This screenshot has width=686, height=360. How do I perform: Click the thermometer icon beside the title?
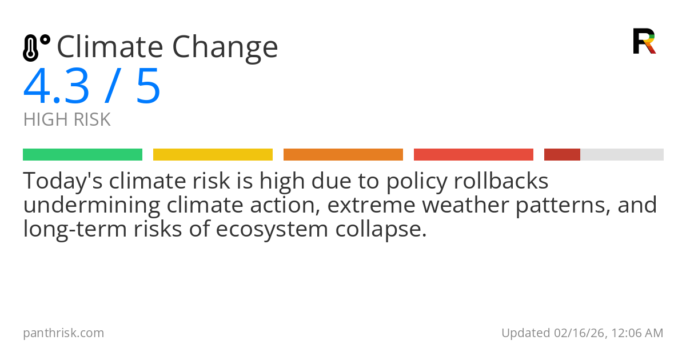click(35, 47)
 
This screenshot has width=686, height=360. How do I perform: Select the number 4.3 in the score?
click(56, 86)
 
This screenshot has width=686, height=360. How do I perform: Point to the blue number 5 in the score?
click(148, 86)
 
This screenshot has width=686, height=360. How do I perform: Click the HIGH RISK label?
click(67, 120)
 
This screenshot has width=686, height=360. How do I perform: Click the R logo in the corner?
click(644, 41)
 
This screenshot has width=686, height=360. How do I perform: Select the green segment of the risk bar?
click(82, 155)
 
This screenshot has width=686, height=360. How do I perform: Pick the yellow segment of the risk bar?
click(213, 155)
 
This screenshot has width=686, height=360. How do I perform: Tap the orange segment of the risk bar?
click(343, 155)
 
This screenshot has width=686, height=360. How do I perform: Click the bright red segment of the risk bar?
click(473, 155)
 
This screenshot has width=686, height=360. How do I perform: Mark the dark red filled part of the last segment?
click(562, 155)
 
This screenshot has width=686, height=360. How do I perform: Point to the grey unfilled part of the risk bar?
click(622, 155)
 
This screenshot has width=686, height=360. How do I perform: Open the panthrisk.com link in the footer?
click(63, 333)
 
